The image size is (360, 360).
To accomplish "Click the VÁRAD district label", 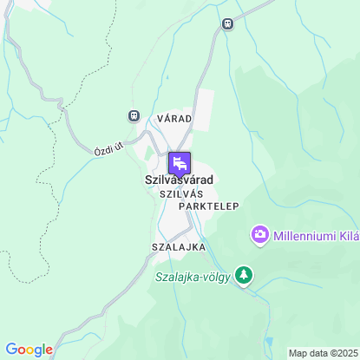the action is [x=174, y=117].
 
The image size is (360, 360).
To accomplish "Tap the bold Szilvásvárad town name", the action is [x=179, y=180].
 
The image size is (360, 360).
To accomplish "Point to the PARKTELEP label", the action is [x=208, y=207].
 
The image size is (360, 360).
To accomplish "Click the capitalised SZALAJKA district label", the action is [x=178, y=247].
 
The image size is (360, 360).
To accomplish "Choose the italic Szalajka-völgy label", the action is [x=193, y=278].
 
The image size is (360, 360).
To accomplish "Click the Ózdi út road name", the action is [x=109, y=148].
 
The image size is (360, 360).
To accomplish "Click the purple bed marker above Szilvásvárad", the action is [x=180, y=161].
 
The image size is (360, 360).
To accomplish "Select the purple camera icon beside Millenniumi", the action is [x=259, y=234].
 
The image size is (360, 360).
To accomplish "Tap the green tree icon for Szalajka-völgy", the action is [x=245, y=276].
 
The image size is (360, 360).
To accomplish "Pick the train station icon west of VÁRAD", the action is [x=134, y=115].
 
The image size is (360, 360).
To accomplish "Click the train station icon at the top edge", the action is [x=227, y=24].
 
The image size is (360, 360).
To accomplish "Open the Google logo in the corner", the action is [x=29, y=350].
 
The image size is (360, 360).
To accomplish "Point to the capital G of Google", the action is [x=10, y=350].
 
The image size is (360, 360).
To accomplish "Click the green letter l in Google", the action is [x=42, y=349].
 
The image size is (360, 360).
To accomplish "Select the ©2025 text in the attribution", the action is [x=342, y=353].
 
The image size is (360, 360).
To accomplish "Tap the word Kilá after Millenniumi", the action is [x=347, y=235].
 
